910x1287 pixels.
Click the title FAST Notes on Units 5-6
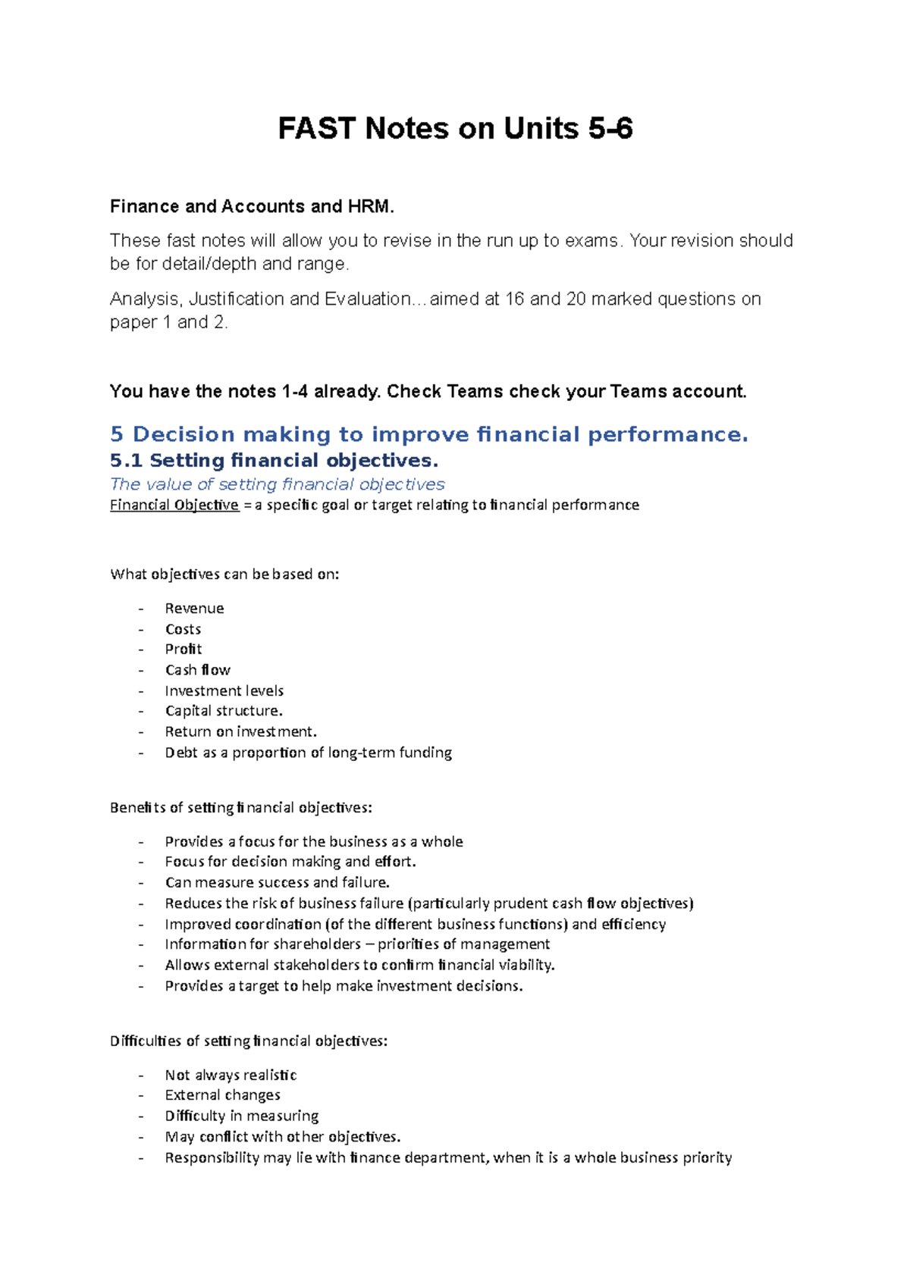pos(455,129)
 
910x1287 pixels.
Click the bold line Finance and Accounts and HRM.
pos(252,206)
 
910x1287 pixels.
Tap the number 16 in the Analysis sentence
pos(514,299)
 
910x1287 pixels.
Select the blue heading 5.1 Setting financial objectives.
pos(274,460)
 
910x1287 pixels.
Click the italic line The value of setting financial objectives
pos(277,484)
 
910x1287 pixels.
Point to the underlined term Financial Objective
pos(174,505)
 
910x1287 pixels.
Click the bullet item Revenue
pos(194,608)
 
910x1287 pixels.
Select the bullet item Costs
pos(183,629)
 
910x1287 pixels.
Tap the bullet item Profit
pos(184,649)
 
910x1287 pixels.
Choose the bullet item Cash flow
pos(197,670)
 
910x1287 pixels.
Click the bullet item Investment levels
pos(224,690)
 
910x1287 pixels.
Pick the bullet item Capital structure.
pos(224,711)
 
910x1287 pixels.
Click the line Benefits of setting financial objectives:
pos(240,807)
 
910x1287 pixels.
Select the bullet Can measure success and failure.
pos(277,882)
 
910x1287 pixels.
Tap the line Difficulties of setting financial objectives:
pos(248,1041)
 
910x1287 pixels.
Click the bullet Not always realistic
pos(231,1075)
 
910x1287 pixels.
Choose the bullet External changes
pos(222,1095)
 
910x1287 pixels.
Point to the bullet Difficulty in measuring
pos(241,1116)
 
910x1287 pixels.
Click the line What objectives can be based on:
pos(224,574)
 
